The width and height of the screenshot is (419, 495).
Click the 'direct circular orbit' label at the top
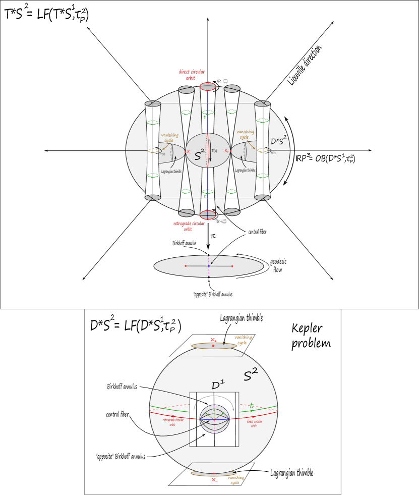pyautogui.click(x=191, y=75)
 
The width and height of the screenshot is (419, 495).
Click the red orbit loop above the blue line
pyautogui.click(x=208, y=86)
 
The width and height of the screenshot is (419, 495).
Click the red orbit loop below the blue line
pyautogui.click(x=208, y=215)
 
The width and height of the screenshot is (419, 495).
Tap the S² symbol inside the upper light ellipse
pyautogui.click(x=200, y=154)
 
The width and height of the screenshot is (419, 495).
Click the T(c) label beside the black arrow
pyautogui.click(x=214, y=151)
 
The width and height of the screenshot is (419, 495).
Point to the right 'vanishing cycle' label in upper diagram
pyautogui.click(x=245, y=134)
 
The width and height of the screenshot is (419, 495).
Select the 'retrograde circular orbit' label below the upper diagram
pyautogui.click(x=189, y=226)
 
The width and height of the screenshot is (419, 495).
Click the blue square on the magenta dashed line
pyautogui.click(x=209, y=266)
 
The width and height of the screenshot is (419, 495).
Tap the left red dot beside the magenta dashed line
pyautogui.click(x=186, y=266)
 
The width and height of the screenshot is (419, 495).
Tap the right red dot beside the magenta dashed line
pyautogui.click(x=232, y=266)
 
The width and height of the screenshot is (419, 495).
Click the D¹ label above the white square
pyautogui.click(x=218, y=386)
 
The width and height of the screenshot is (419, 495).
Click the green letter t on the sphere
pyautogui.click(x=252, y=405)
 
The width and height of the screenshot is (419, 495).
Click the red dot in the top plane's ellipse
pyautogui.click(x=213, y=346)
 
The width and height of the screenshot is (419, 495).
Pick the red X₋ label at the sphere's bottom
pyautogui.click(x=214, y=480)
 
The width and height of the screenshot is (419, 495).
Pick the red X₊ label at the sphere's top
pyautogui.click(x=214, y=340)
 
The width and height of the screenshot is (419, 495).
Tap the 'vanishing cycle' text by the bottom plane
pyautogui.click(x=235, y=480)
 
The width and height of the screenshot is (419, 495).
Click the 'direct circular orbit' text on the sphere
pyautogui.click(x=254, y=423)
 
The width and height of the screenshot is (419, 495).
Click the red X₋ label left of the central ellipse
pyautogui.click(x=189, y=152)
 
